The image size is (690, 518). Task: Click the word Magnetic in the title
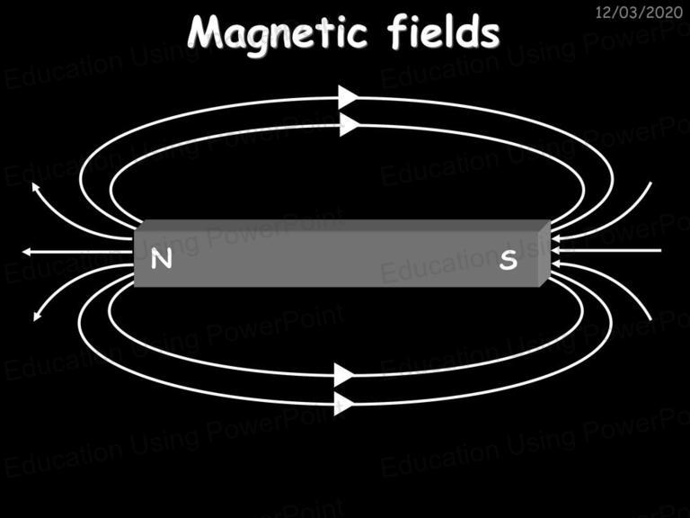tap(278, 34)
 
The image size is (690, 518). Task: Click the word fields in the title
tap(444, 31)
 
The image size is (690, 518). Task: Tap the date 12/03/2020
tap(639, 13)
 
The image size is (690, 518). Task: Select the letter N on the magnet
tap(161, 259)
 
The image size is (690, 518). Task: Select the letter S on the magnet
tap(509, 259)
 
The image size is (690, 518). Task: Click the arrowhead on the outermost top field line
tap(348, 97)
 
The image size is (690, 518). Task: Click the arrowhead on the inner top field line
tap(349, 125)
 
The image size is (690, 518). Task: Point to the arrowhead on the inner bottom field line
tap(344, 375)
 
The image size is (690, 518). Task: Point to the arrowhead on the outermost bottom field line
tap(344, 404)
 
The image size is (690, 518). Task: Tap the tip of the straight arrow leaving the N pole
tap(22, 252)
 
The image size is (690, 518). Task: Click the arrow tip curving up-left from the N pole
tap(33, 184)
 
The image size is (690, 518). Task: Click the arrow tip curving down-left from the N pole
tap(35, 320)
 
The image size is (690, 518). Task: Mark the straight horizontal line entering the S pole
tap(606, 251)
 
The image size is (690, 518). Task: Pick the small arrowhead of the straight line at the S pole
tap(555, 251)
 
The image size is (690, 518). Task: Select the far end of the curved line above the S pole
tap(650, 183)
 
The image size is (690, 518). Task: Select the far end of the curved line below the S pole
tap(650, 319)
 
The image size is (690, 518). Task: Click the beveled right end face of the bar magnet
tap(544, 254)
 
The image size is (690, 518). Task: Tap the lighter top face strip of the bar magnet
tap(342, 225)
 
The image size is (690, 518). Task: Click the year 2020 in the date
tap(666, 13)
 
